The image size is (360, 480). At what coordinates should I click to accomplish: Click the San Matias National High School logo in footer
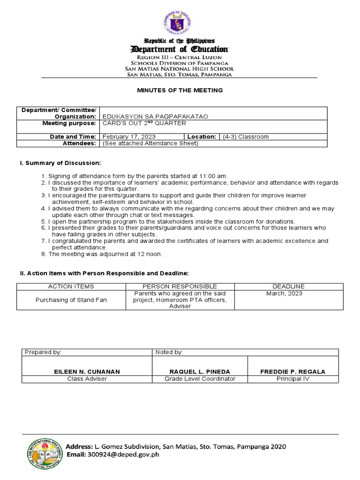[45, 451]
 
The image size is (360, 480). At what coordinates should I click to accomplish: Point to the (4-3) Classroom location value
[246, 137]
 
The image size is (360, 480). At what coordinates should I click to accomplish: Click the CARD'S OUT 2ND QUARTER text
[144, 123]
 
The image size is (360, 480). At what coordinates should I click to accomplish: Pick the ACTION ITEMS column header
[71, 286]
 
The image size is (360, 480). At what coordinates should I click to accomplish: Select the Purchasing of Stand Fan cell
[71, 300]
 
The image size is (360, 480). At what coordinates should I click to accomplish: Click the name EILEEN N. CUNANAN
[87, 372]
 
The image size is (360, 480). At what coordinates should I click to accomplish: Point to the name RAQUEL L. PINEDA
[200, 372]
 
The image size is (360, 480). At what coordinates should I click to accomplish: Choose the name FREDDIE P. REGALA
[292, 372]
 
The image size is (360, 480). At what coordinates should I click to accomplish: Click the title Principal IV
[292, 379]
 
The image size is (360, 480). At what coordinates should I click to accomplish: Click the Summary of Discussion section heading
[60, 163]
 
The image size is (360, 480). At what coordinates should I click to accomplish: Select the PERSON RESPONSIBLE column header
[180, 286]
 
